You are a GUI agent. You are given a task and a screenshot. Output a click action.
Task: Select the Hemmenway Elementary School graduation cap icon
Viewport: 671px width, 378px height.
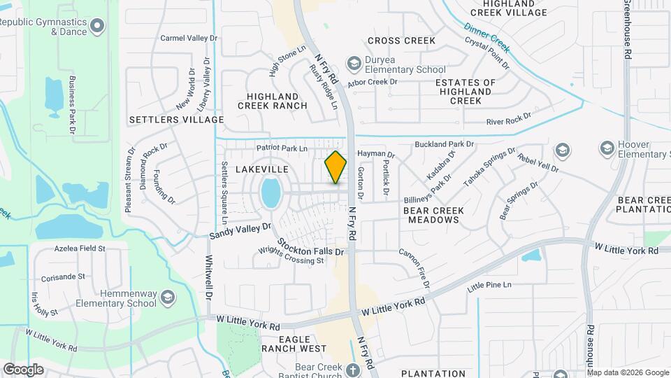tap(167, 298)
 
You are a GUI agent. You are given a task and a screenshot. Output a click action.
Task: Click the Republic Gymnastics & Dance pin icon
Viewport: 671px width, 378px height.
tap(97, 27)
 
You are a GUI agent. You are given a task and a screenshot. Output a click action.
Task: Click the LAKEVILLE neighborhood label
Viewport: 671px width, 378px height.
tap(262, 169)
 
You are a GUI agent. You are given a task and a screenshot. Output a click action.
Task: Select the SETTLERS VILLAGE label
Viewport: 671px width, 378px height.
tap(176, 120)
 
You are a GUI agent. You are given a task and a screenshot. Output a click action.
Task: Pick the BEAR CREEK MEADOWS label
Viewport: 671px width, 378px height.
tap(431, 214)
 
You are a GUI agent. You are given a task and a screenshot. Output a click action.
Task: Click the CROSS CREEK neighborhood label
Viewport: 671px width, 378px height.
tap(401, 41)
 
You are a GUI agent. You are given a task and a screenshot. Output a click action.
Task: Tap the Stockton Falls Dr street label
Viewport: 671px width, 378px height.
tap(311, 247)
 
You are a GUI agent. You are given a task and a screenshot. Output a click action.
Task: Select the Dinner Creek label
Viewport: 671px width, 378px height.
tap(487, 38)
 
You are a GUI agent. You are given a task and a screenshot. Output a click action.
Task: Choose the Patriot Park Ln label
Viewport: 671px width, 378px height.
tap(282, 148)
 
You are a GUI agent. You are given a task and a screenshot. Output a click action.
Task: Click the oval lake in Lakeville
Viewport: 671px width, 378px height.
tap(270, 192)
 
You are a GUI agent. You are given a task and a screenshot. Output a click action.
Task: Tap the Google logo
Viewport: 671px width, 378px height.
tap(23, 369)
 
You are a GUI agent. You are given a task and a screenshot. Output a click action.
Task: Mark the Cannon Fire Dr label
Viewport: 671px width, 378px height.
tap(414, 267)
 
